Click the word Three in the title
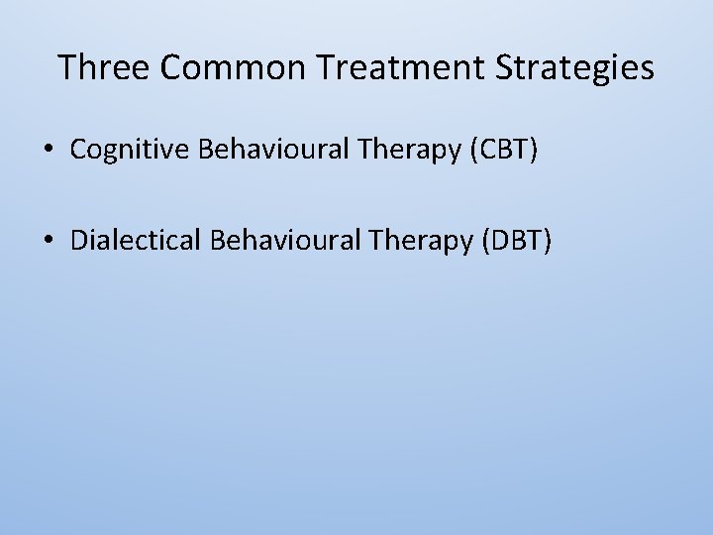click(103, 67)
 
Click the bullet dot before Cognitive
click(48, 151)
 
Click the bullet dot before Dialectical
click(48, 241)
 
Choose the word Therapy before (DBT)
click(416, 240)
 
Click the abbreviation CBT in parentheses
click(508, 150)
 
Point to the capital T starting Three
click(66, 67)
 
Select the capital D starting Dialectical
click(78, 240)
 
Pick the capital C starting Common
click(169, 67)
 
